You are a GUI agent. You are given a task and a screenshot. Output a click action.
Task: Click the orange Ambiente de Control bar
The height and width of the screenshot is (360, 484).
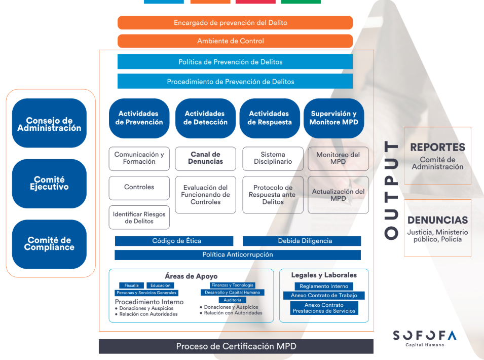point(235,41)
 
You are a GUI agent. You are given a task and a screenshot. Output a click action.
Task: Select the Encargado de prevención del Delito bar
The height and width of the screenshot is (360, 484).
point(235,23)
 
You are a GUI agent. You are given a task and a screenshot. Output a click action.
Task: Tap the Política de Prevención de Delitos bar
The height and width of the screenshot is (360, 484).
point(235,62)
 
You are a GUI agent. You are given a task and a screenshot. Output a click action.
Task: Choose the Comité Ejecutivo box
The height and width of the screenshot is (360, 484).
point(49,184)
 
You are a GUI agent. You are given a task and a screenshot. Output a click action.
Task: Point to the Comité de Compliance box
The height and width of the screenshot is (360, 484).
point(49,244)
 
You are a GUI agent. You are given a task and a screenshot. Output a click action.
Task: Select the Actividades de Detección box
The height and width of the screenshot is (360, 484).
point(205,118)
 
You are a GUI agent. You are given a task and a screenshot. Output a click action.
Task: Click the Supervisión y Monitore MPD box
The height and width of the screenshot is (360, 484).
point(333,118)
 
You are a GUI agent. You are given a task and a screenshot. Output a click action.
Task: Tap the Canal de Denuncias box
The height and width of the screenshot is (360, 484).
point(205,158)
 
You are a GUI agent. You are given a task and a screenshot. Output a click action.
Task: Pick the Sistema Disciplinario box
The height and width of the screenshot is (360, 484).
point(273,158)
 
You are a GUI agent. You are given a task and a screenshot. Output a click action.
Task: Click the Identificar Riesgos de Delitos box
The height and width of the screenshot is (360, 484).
point(139,218)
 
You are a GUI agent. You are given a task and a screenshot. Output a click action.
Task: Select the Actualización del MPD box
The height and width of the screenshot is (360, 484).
point(338,195)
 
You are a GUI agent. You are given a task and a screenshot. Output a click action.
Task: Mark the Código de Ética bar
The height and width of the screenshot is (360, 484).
point(174,241)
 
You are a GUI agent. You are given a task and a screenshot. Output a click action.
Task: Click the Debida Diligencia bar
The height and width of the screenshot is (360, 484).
point(302,241)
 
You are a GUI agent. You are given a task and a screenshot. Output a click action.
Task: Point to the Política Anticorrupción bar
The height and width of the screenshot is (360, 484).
point(238,255)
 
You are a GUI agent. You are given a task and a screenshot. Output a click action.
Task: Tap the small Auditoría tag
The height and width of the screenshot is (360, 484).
point(233,300)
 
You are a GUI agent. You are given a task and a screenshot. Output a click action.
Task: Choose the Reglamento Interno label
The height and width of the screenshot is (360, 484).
point(324,286)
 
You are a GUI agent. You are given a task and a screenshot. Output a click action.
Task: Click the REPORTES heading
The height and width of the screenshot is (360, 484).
point(437,148)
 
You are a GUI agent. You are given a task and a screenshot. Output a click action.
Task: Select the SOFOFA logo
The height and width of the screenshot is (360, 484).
point(424,336)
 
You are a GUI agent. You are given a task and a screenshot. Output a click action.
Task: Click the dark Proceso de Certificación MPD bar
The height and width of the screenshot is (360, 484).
point(236,346)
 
